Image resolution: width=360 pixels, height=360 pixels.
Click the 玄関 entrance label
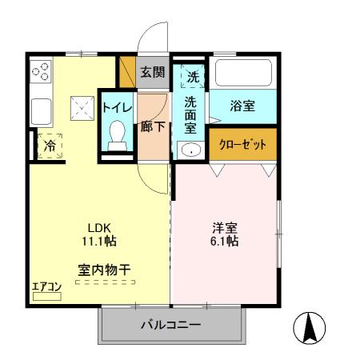(x=153, y=72)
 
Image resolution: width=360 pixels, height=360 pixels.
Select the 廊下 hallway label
(x=152, y=126)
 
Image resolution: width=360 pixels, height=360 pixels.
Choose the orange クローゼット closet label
(x=242, y=144)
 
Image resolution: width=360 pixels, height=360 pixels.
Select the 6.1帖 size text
(x=224, y=240)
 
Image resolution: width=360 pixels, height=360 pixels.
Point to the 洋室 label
(x=224, y=226)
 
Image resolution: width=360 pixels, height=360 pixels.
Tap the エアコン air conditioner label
(x=46, y=286)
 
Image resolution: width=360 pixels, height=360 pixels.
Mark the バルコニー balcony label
(x=171, y=326)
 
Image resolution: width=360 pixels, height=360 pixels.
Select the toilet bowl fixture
(x=117, y=133)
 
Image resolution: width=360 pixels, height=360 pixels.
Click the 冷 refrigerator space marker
(x=49, y=146)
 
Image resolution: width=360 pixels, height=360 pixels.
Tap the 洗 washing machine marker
(x=193, y=77)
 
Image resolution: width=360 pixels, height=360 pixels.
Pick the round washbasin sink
(x=190, y=150)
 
